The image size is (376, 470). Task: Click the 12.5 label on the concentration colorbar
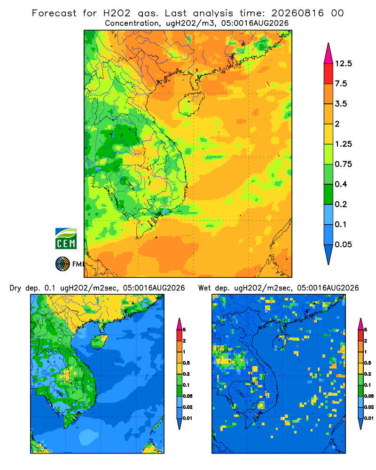(343, 63)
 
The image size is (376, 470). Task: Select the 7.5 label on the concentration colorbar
(341, 84)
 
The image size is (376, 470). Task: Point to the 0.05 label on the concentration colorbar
(343, 244)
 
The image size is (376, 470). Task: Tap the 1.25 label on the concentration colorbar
(343, 144)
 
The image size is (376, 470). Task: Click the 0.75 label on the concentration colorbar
(343, 164)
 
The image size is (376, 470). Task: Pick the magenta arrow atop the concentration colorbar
(329, 54)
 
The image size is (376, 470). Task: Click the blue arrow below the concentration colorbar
(329, 255)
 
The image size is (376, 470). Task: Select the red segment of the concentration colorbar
(329, 74)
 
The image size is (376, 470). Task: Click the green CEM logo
(66, 239)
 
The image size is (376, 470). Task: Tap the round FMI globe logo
(63, 264)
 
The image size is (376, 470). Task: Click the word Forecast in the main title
(54, 13)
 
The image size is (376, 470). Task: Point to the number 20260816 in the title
(298, 13)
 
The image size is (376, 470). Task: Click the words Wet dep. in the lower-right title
(214, 288)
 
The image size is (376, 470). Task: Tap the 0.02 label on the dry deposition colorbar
(188, 407)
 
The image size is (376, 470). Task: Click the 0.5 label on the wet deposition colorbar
(368, 363)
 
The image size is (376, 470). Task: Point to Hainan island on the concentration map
(191, 104)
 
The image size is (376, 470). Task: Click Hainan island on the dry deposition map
(100, 342)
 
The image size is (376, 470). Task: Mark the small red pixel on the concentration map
(163, 86)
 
